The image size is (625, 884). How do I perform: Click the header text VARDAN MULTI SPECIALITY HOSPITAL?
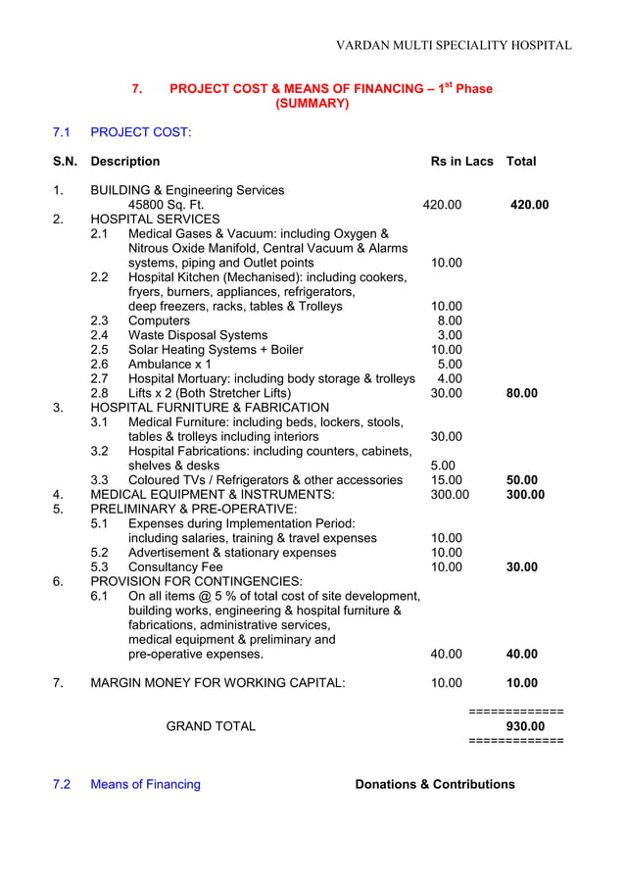454,45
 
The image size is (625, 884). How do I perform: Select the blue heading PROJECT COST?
141,131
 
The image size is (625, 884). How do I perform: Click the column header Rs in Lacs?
461,161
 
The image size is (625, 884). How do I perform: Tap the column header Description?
124,161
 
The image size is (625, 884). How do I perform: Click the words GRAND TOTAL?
211,726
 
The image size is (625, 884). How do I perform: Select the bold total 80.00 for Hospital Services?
521,393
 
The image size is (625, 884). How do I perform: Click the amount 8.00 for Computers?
449,320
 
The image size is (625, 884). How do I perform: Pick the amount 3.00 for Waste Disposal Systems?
449,335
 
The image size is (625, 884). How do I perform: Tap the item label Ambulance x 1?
169,364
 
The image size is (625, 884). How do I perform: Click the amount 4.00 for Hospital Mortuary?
449,378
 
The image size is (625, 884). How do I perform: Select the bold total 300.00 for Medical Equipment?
524,495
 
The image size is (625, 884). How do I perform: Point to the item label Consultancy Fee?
175,566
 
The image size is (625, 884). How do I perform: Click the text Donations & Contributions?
434,784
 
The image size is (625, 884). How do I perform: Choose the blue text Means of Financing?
145,784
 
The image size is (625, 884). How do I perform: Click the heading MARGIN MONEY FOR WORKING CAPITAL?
217,683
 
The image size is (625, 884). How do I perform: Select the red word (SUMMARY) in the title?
312,103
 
